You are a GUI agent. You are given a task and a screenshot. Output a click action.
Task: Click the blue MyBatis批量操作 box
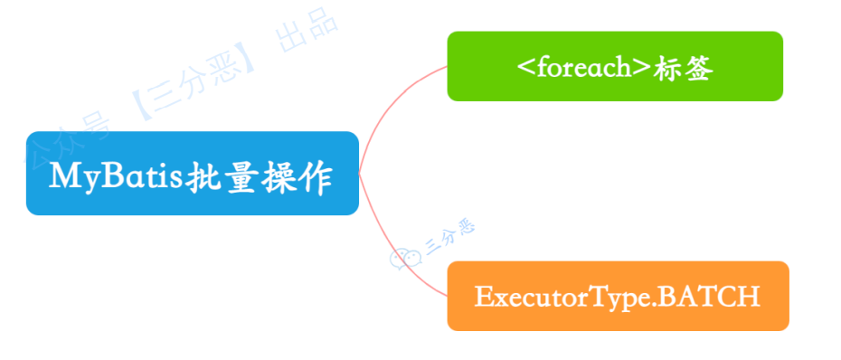(192, 173)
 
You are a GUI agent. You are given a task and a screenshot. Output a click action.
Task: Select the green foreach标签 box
(614, 66)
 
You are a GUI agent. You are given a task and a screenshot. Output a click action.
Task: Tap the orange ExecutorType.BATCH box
(618, 296)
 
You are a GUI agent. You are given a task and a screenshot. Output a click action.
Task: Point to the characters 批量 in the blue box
(220, 175)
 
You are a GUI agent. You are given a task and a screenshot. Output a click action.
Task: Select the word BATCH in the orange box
(715, 297)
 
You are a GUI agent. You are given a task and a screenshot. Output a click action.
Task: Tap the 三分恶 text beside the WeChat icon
(449, 237)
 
